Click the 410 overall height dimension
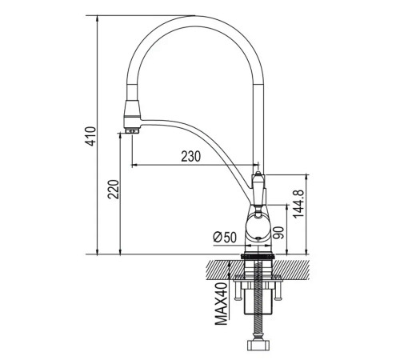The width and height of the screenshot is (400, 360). coord(90,136)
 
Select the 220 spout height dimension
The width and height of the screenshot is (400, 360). coord(113,190)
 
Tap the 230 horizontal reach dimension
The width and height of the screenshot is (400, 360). coord(190,156)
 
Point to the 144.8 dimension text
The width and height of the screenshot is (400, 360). coord(298,204)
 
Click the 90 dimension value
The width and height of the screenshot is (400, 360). coord(279,233)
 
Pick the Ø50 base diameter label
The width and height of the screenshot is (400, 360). coord(225,237)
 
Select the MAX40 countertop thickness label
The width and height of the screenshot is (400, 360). coord(222,304)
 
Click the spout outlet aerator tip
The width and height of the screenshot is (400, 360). coord(131,130)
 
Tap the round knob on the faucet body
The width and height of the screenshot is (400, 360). coord(258,227)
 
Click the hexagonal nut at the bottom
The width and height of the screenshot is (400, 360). coord(258,345)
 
